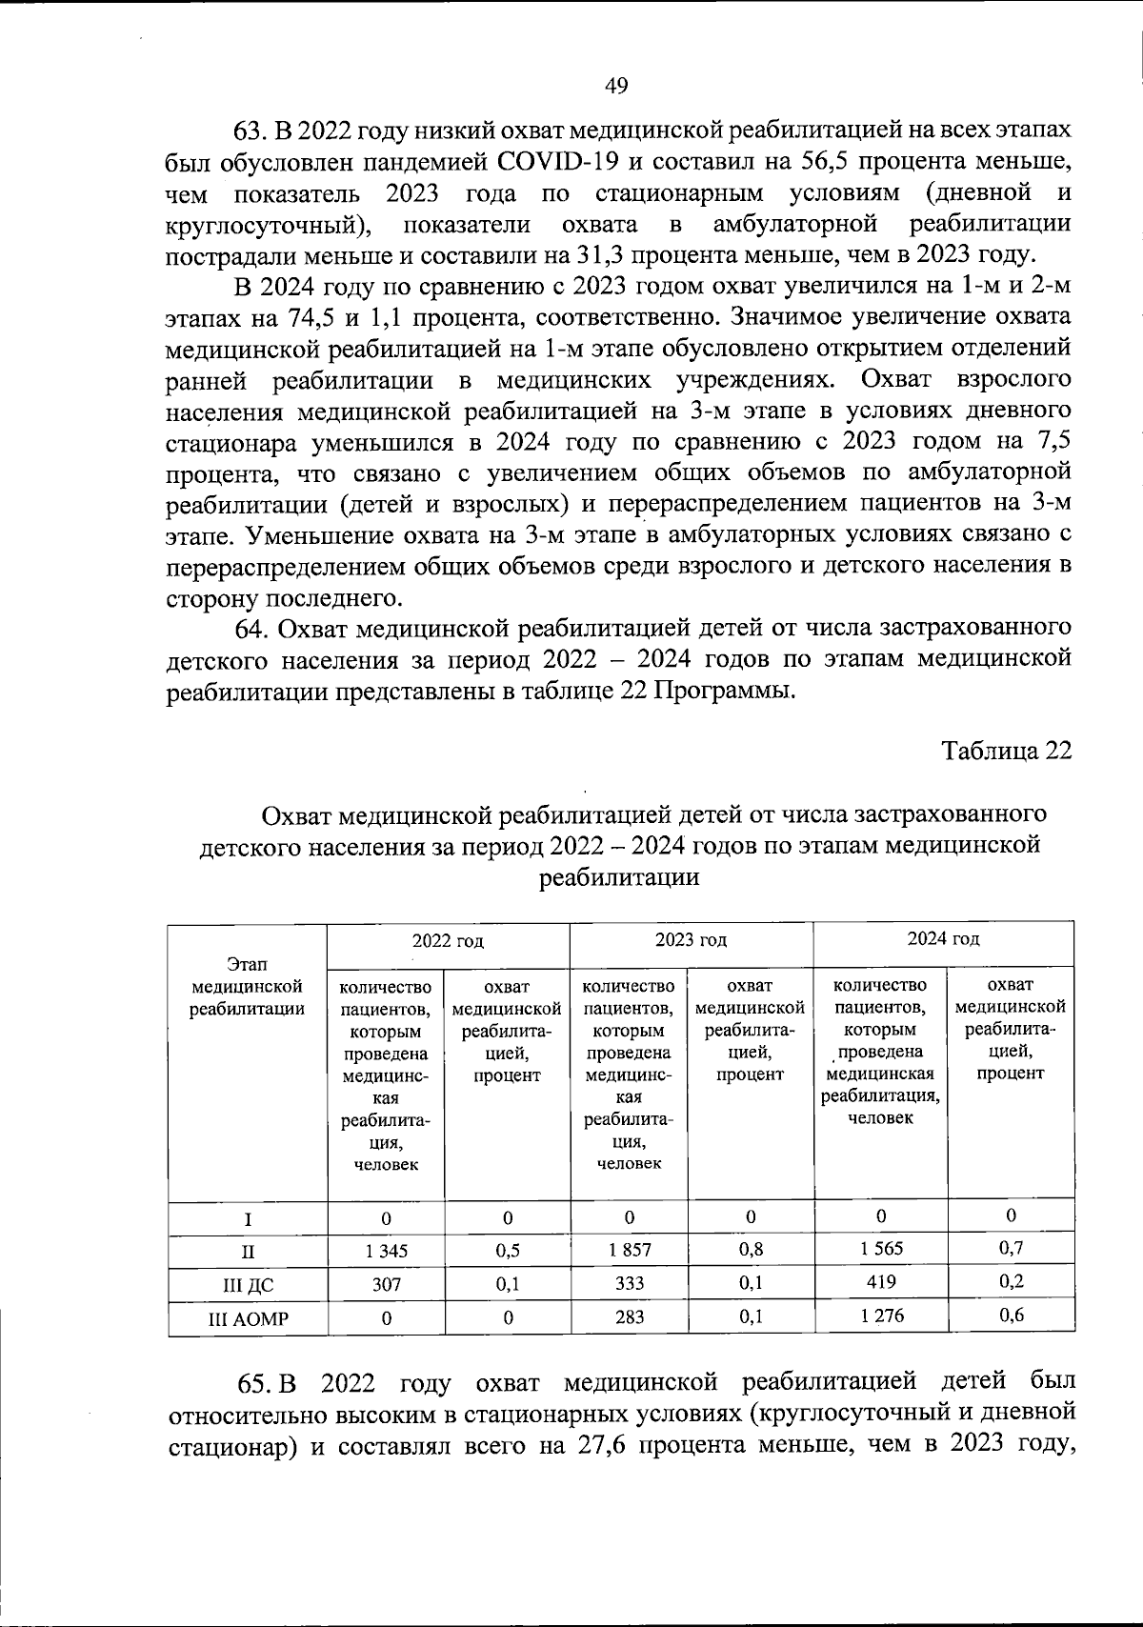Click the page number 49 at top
[616, 87]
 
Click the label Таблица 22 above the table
[1007, 751]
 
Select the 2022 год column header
[448, 941]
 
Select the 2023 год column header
[691, 940]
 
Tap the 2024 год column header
[943, 939]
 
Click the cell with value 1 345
[386, 1251]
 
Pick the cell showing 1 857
[630, 1249]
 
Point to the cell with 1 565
[881, 1248]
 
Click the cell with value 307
[386, 1284]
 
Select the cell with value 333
[630, 1283]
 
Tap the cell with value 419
[881, 1281]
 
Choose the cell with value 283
[630, 1317]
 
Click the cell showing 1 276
[881, 1316]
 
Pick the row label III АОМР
[248, 1319]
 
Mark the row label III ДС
[248, 1286]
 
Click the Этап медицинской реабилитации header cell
[248, 987]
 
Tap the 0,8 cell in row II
[751, 1249]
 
